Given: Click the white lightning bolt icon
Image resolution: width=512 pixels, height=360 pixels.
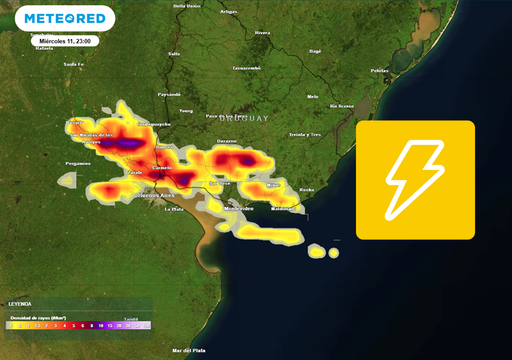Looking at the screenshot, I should click(415, 180).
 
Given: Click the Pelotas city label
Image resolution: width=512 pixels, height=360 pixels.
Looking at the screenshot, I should click(379, 71).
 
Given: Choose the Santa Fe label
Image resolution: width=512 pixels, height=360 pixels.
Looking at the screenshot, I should click(71, 63).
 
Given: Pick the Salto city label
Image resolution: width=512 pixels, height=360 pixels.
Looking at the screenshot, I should click(174, 53).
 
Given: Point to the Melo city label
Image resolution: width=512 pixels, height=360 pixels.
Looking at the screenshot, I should click(313, 96).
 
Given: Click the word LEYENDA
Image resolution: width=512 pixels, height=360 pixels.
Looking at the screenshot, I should click(20, 303).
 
